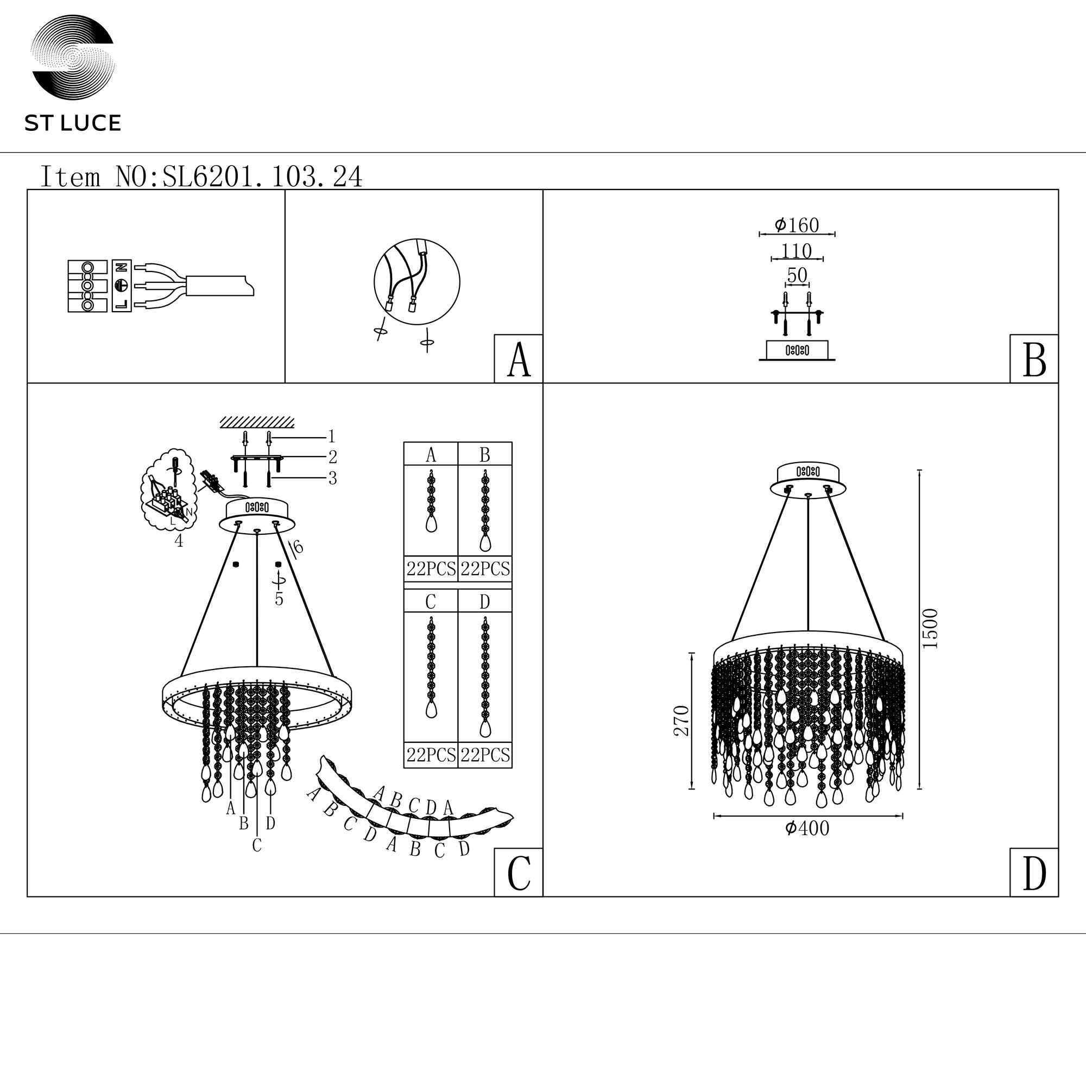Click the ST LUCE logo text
[73, 123]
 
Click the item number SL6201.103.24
[262, 176]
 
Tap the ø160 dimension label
[797, 225]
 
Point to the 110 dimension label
[797, 251]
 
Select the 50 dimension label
[797, 275]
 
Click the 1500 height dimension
[930, 628]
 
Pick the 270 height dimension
[681, 721]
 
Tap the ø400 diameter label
[807, 828]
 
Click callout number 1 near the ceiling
[332, 436]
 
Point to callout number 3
[332, 478]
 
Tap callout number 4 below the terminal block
[179, 541]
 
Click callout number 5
[279, 599]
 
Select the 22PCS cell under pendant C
[431, 755]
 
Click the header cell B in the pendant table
[485, 454]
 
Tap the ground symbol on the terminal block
[122, 286]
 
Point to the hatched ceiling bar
[257, 422]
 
